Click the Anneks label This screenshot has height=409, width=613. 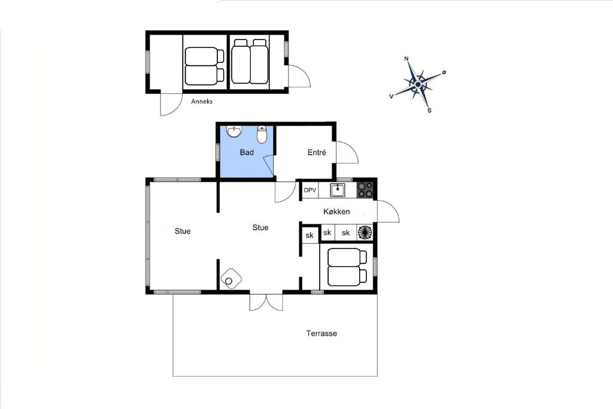[202, 101]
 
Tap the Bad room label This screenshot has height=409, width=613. [247, 152]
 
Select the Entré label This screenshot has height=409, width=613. [317, 153]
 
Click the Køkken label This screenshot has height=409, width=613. [336, 211]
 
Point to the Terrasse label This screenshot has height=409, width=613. [321, 334]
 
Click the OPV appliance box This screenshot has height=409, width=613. [310, 190]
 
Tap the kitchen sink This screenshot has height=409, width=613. [338, 190]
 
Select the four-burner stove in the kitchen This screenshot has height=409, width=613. [366, 190]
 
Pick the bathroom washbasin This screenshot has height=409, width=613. [234, 132]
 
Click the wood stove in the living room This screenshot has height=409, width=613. [230, 279]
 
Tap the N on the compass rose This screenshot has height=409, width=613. [406, 59]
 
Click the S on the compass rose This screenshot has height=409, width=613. [429, 111]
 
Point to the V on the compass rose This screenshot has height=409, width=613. [392, 96]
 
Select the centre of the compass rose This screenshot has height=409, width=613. [418, 84]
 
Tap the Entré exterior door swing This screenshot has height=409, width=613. [347, 153]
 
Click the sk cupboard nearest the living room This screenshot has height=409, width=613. [309, 235]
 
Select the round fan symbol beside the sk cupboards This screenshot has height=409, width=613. [365, 232]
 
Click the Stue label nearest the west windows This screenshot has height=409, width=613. [183, 231]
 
